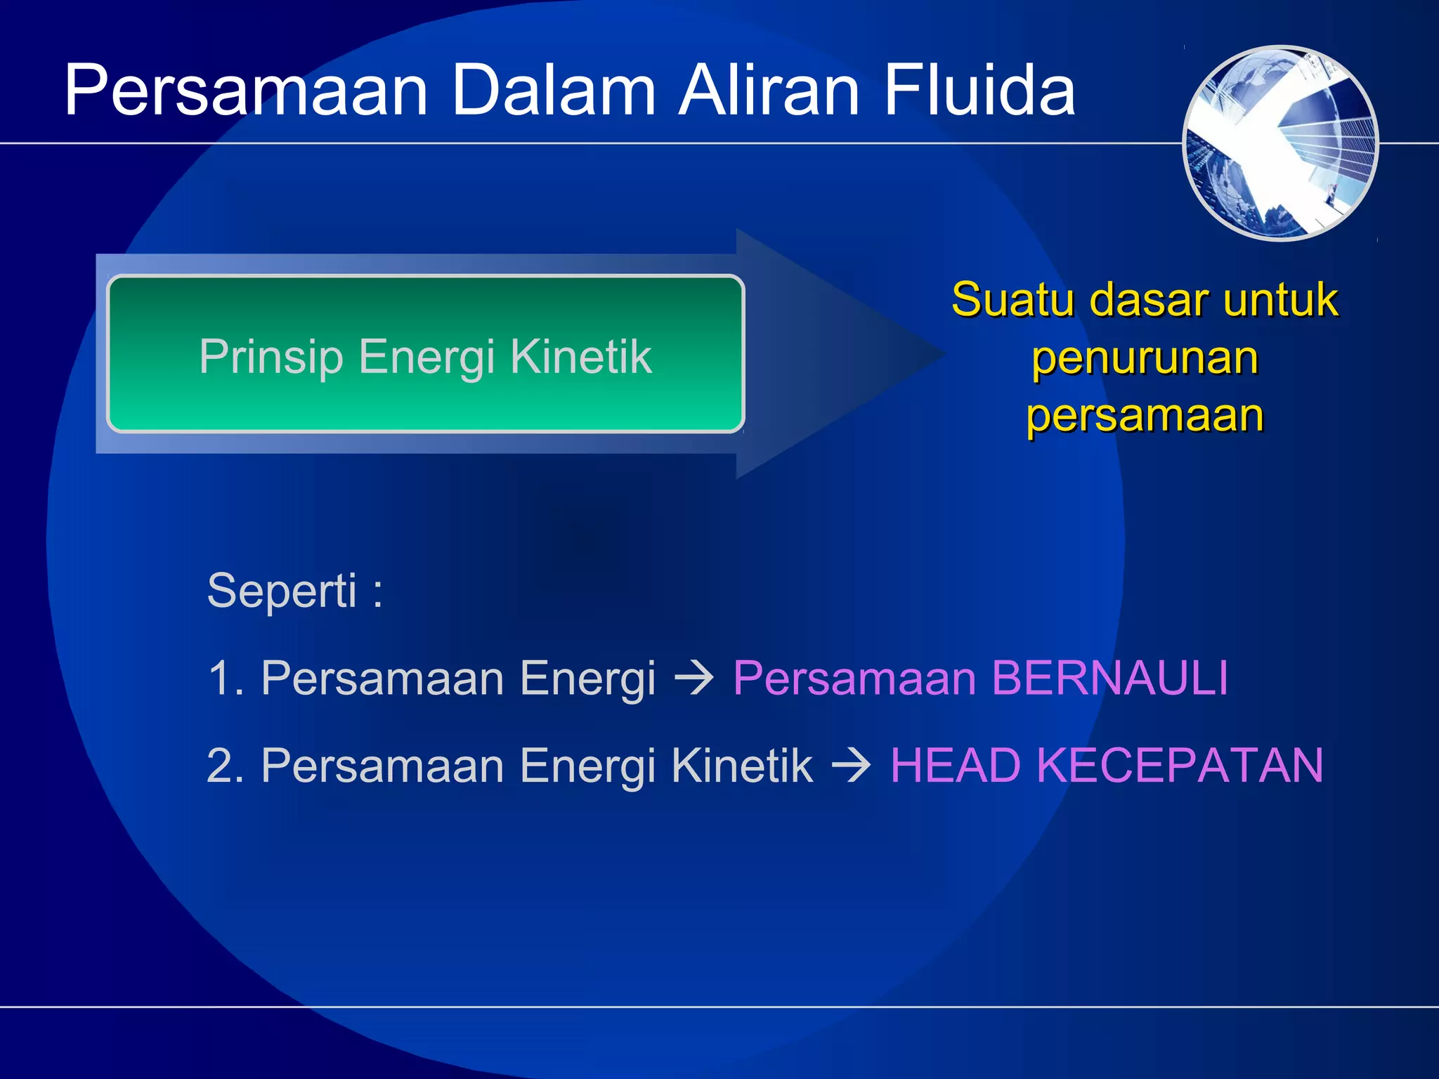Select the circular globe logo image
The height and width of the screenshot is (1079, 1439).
pyautogui.click(x=1280, y=143)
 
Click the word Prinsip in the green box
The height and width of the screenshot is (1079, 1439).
pyautogui.click(x=271, y=357)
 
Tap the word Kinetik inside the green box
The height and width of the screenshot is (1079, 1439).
pyautogui.click(x=581, y=356)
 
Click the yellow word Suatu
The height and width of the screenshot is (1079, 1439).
pyautogui.click(x=1012, y=300)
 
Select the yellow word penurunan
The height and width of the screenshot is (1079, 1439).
pyautogui.click(x=1145, y=358)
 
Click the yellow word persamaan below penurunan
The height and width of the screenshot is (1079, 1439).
pyautogui.click(x=1145, y=415)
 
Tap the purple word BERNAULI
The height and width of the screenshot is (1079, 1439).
pyautogui.click(x=1109, y=679)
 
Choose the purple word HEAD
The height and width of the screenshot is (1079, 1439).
pyautogui.click(x=955, y=765)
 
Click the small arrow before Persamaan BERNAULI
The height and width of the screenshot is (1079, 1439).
pyautogui.click(x=694, y=679)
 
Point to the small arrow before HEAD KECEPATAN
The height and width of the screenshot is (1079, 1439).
pyautogui.click(x=851, y=766)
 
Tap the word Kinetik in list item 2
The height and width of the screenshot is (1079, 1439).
pyautogui.click(x=742, y=765)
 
